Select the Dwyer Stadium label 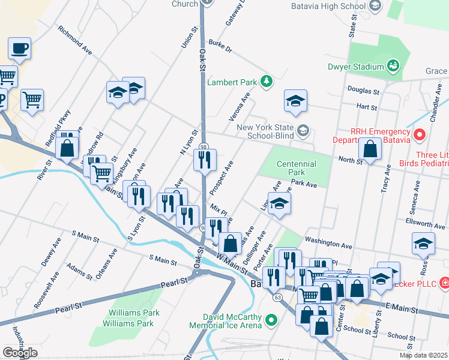click(356, 67)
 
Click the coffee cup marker click(19, 48)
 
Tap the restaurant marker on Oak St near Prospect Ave click(204, 160)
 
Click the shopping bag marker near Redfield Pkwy click(68, 148)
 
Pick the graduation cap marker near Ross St click(423, 244)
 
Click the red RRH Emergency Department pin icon click(420, 134)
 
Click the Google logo click(20, 353)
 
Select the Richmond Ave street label click(75, 40)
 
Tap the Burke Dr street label click(220, 47)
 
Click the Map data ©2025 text click(424, 355)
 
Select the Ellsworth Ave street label click(426, 223)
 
